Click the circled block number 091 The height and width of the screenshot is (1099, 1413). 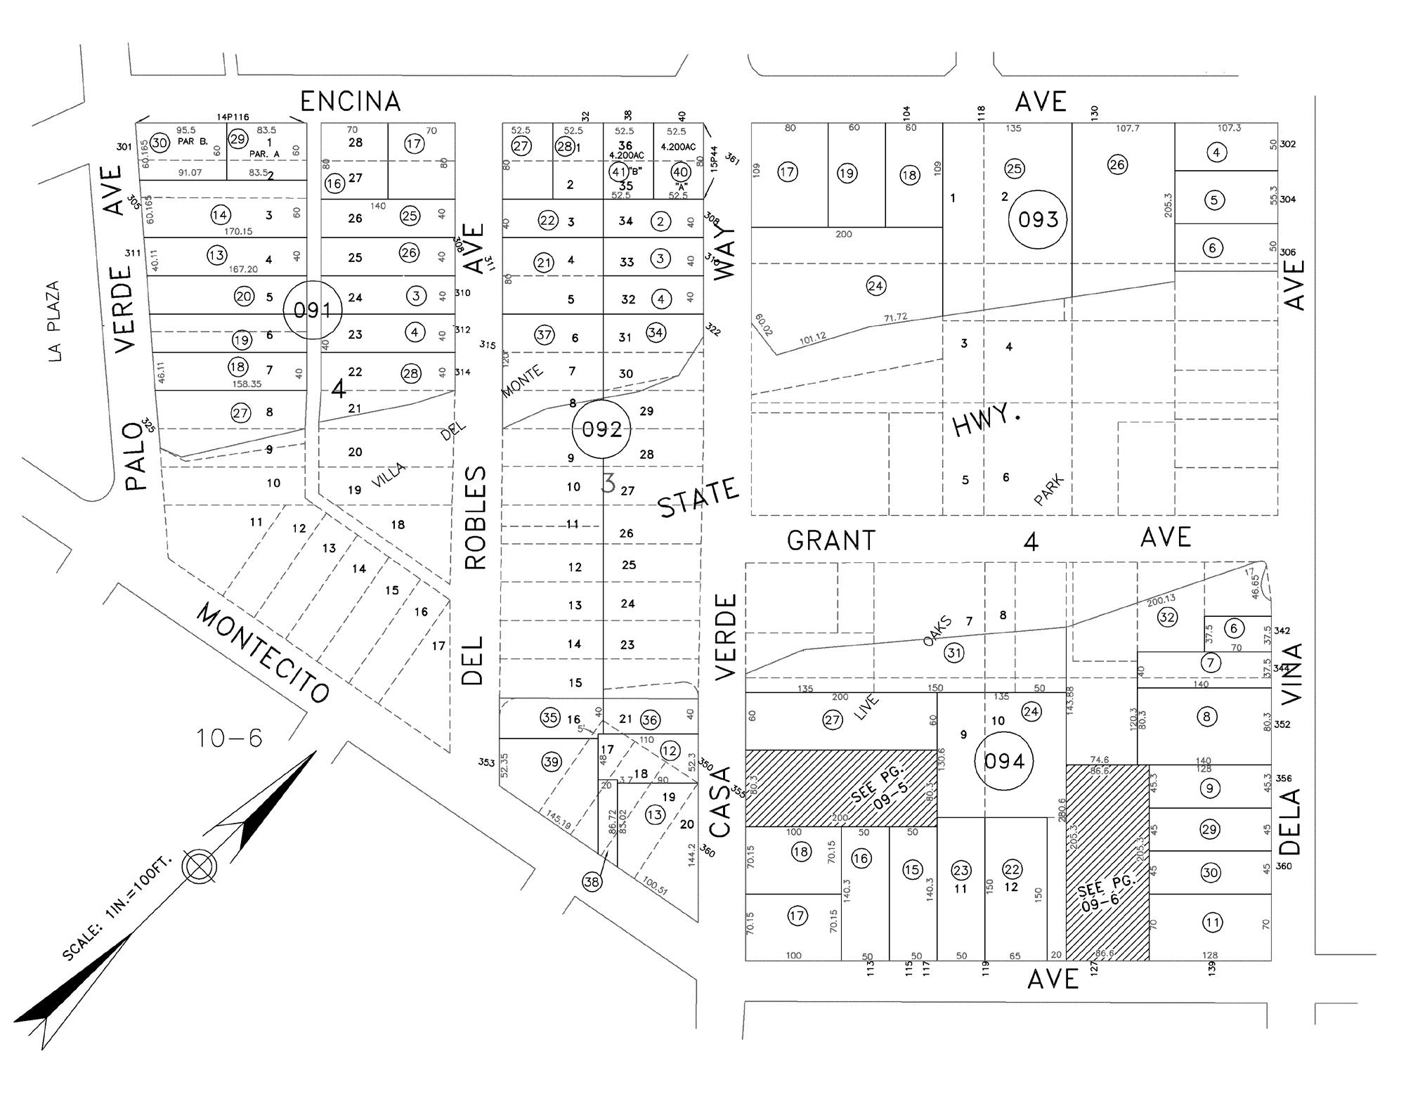(x=313, y=310)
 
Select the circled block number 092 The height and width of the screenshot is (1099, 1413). (x=602, y=429)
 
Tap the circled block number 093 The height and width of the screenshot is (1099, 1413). (x=1038, y=219)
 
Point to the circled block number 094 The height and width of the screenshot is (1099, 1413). (x=1004, y=761)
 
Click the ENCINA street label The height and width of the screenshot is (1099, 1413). (x=351, y=102)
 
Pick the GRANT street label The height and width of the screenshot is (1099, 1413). (x=831, y=540)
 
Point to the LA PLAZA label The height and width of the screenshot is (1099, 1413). (x=54, y=321)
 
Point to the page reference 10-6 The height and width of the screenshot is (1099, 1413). (x=229, y=738)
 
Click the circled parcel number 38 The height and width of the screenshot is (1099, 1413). (x=592, y=881)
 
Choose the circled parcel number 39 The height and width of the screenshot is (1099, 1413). (x=551, y=761)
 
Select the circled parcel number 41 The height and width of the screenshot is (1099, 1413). (x=618, y=171)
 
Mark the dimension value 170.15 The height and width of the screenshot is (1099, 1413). (x=238, y=231)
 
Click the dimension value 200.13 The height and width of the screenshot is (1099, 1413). (x=1161, y=600)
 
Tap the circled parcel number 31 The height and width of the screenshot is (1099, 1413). (x=953, y=653)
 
